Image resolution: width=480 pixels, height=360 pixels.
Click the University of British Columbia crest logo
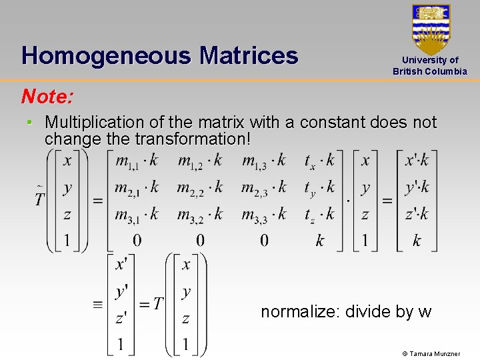pos(431,29)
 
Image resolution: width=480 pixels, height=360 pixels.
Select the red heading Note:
pos(47,97)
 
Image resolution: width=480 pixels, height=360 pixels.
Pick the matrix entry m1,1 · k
pos(137,161)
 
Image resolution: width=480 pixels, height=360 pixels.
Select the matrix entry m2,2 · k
pos(199,188)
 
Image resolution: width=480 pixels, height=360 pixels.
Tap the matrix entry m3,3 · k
pos(263,215)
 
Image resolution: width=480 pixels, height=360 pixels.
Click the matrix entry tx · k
pos(319,161)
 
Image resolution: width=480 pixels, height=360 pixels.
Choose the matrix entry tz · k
pos(319,215)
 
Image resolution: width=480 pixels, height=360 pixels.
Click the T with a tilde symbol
pos(41,197)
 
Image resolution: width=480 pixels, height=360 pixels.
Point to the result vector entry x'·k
pos(417,161)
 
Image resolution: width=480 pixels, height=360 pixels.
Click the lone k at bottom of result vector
pos(417,241)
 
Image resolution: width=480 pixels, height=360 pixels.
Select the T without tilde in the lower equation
pos(157,304)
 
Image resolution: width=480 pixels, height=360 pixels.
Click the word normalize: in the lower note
pos(301,311)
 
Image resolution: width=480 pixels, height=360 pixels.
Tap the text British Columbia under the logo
pos(430,71)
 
